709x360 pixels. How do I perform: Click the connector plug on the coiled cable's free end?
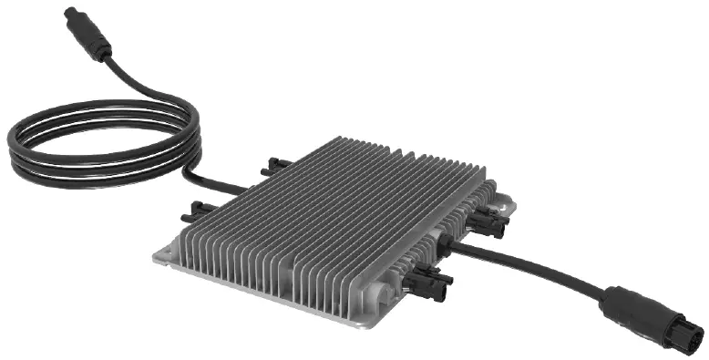pos(89,34)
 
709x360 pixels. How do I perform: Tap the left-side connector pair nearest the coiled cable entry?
pos(274,167)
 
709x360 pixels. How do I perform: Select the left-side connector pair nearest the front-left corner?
pos(199,212)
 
